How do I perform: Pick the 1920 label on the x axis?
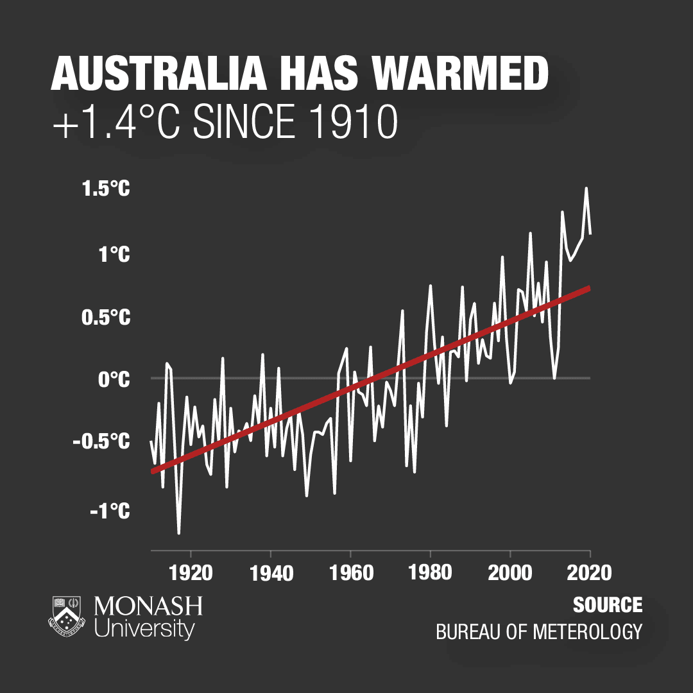click(x=191, y=572)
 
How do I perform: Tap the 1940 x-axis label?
click(x=271, y=572)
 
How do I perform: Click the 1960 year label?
click(x=351, y=572)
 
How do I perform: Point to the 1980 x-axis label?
click(x=431, y=572)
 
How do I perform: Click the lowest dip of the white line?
click(x=178, y=533)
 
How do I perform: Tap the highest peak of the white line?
click(x=586, y=188)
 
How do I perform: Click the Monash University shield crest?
click(x=67, y=617)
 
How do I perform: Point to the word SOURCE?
click(x=608, y=605)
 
